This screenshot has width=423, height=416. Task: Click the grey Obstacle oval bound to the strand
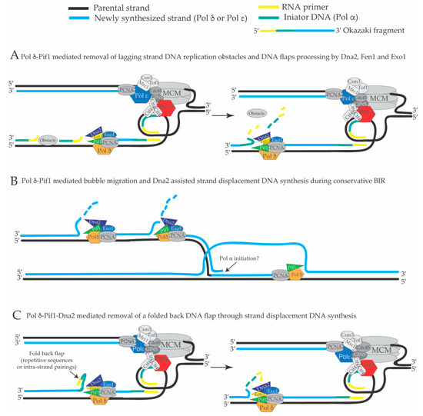[x=49, y=141]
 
